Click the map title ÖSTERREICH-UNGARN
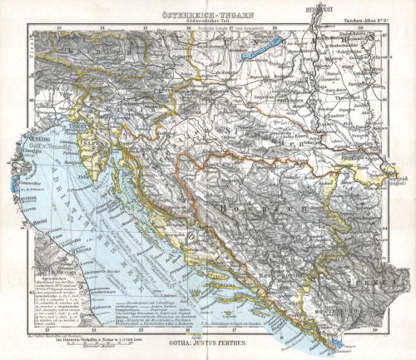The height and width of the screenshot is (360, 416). coord(207,12)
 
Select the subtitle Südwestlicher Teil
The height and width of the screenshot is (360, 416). coord(207,20)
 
